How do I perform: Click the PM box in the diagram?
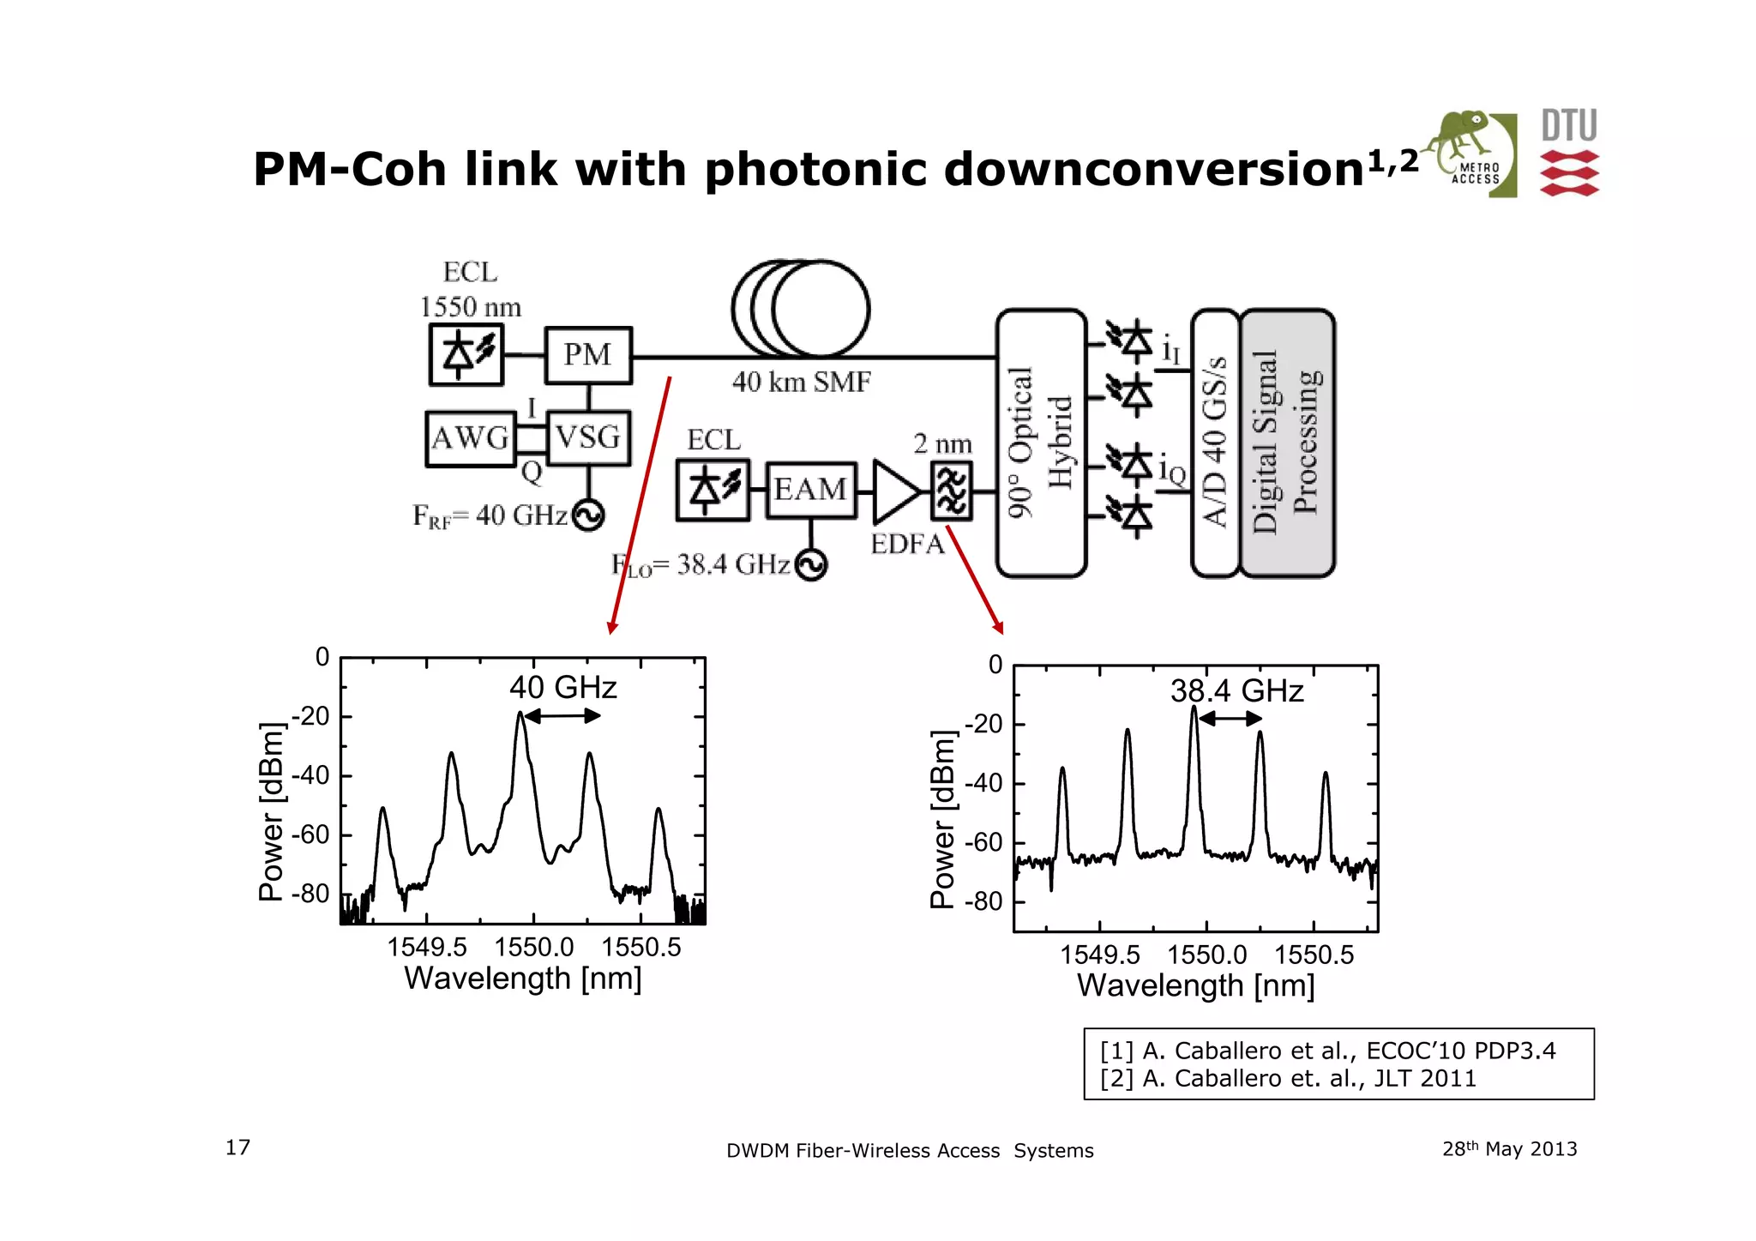[x=588, y=355]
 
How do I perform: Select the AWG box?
[x=470, y=438]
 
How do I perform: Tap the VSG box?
[x=588, y=438]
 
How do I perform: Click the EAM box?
[x=810, y=490]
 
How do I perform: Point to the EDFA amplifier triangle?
[x=893, y=491]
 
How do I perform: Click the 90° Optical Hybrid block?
[x=1041, y=443]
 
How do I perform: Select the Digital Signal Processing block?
[x=1287, y=443]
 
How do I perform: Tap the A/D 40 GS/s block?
[x=1215, y=443]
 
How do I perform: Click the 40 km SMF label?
[x=801, y=382]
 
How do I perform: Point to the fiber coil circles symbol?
[x=801, y=308]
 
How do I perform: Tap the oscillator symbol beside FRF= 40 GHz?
[x=588, y=515]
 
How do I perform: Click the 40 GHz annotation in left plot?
[x=562, y=688]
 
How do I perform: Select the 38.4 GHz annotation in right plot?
[x=1236, y=691]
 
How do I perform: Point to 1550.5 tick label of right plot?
[x=1313, y=955]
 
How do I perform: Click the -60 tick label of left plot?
[x=310, y=834]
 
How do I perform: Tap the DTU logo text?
[x=1569, y=126]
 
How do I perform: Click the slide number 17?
[x=238, y=1148]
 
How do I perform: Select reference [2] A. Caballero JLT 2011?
[x=1288, y=1078]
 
